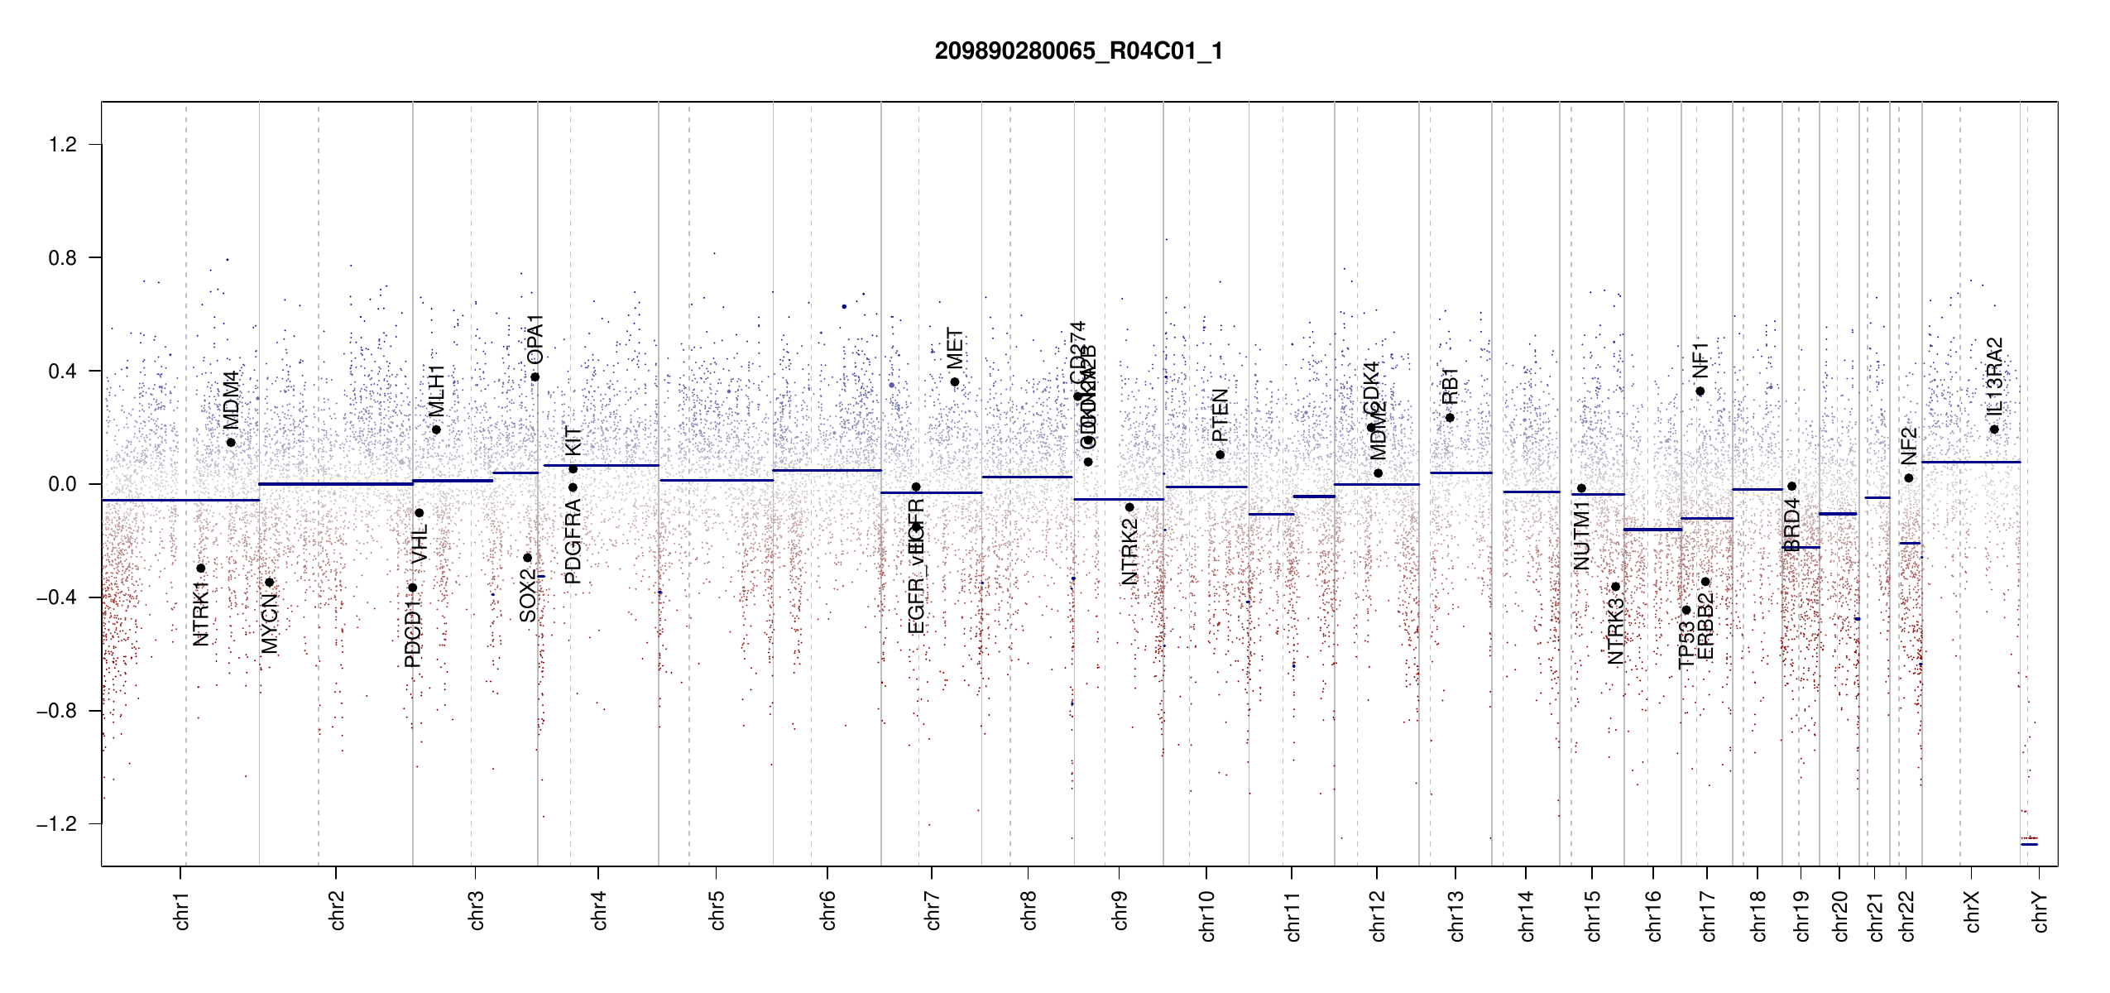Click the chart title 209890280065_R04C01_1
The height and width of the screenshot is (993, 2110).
tap(1078, 51)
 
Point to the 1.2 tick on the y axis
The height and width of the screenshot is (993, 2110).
tap(62, 145)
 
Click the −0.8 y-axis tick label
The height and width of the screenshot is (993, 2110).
tap(56, 711)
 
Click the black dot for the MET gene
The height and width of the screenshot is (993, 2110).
tap(955, 382)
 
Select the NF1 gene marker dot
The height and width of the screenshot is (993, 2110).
tap(1700, 391)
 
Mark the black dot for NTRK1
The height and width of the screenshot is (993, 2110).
tap(200, 568)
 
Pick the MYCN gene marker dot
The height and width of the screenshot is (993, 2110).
tap(269, 583)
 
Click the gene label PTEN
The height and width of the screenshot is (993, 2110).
tap(1220, 415)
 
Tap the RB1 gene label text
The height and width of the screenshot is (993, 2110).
tap(1450, 386)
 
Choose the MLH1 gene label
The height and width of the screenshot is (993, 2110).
tap(436, 391)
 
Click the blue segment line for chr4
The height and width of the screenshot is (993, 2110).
tap(601, 465)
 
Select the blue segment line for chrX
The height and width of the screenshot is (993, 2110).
tap(1970, 462)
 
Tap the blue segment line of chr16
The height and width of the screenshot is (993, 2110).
tap(1652, 530)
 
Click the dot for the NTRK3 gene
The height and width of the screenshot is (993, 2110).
tap(1615, 587)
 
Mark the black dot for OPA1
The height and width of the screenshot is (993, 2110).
tap(535, 377)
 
